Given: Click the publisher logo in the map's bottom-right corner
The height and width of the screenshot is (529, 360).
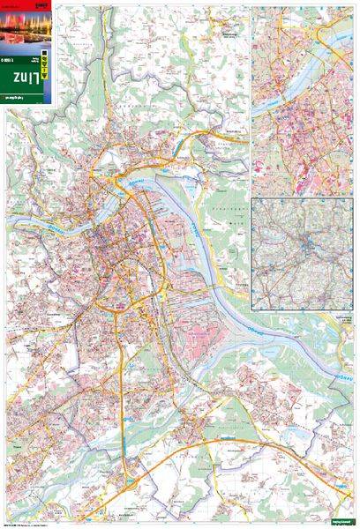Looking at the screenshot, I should [339, 523].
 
